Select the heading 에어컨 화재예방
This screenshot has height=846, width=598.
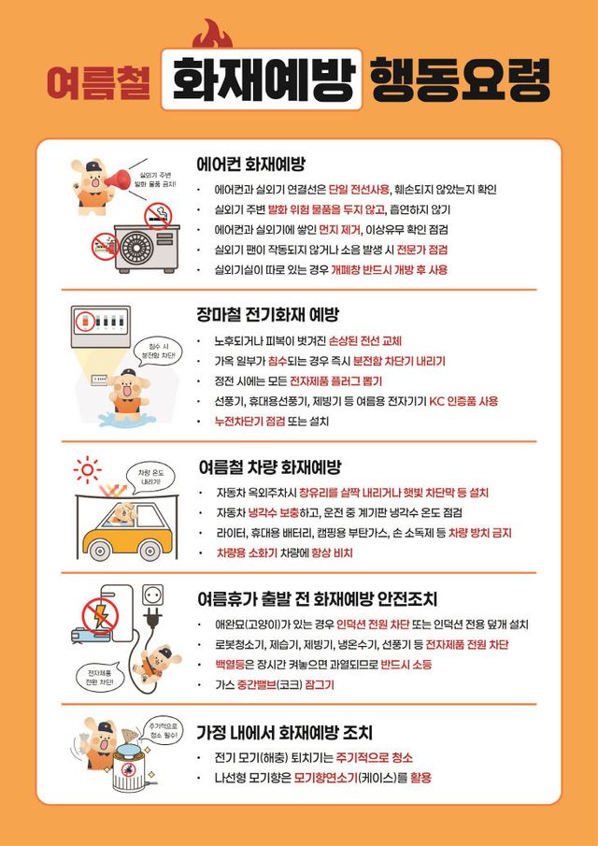click(x=251, y=165)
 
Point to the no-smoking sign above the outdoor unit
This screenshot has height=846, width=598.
click(x=158, y=218)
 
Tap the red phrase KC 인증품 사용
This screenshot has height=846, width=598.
click(x=463, y=401)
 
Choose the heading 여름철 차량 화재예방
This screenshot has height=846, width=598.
click(x=270, y=466)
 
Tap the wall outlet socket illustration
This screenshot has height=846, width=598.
click(x=153, y=595)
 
